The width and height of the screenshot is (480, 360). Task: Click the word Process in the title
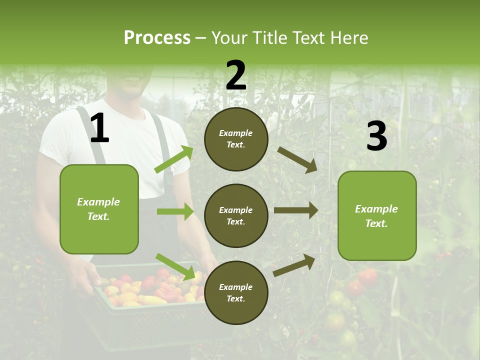click(x=157, y=38)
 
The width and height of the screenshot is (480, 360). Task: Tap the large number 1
click(x=100, y=128)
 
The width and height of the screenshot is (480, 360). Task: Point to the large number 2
click(x=236, y=76)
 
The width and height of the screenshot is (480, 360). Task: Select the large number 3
click(x=376, y=136)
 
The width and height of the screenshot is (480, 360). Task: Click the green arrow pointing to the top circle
click(x=174, y=159)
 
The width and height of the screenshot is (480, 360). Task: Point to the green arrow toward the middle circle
click(x=175, y=211)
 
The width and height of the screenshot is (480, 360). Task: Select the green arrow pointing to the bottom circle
click(x=175, y=266)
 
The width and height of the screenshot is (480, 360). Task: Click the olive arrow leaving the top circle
click(x=297, y=159)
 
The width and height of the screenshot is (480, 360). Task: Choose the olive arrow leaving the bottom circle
click(x=294, y=265)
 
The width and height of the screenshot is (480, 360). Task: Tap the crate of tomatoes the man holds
click(x=150, y=300)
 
